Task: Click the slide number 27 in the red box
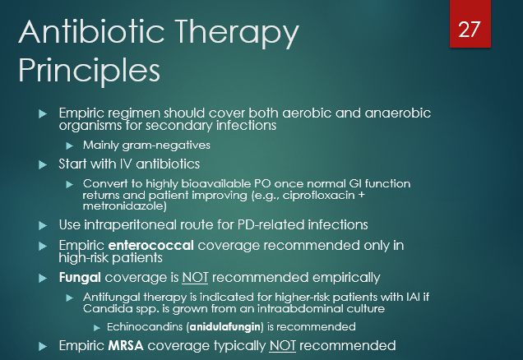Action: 469,30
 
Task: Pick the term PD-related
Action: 277,224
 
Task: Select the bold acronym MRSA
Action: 123,345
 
